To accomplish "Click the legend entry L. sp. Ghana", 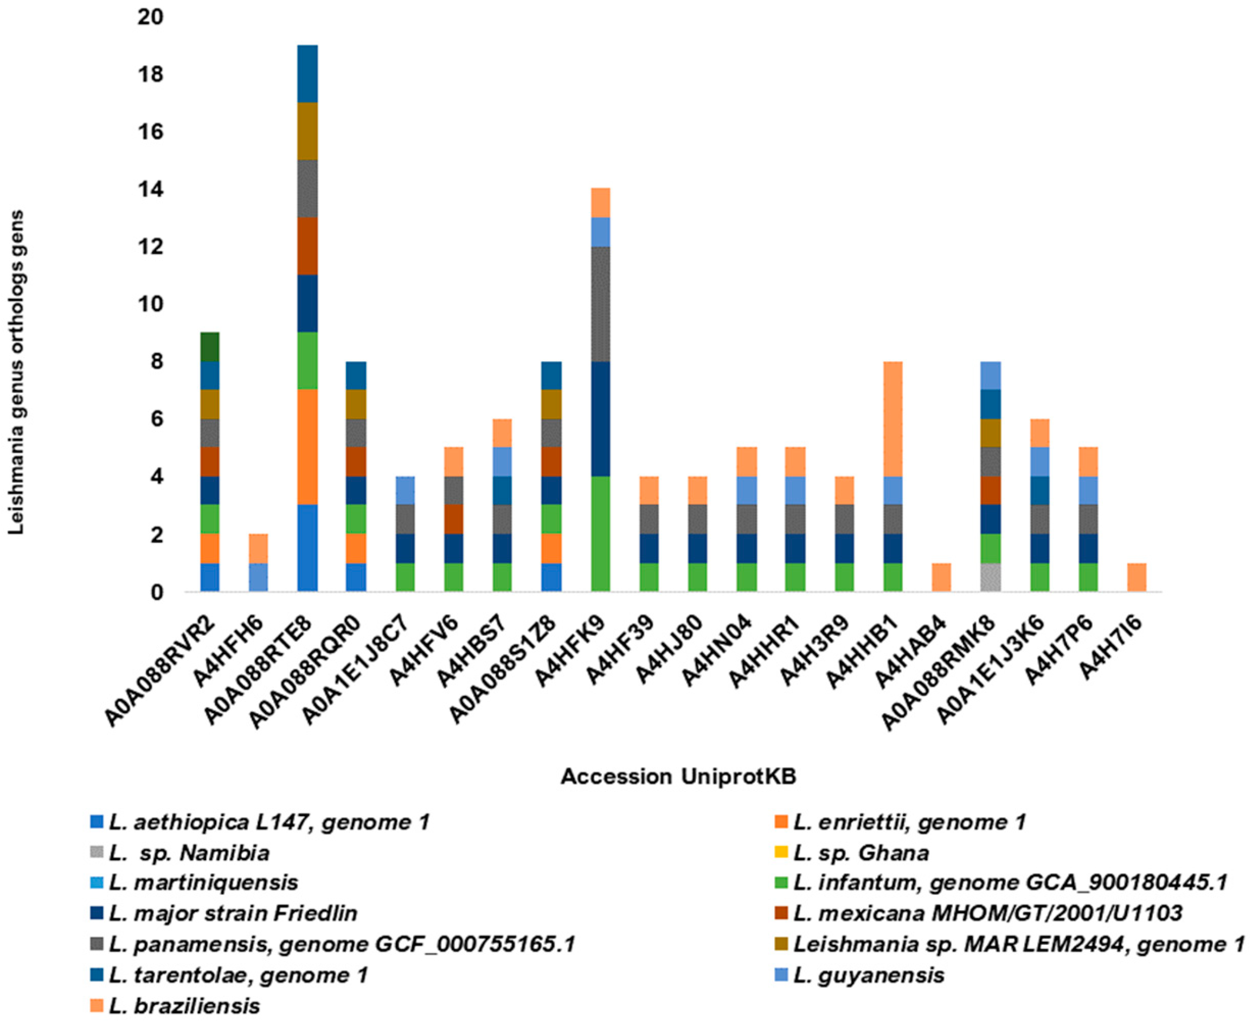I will pyautogui.click(x=861, y=853).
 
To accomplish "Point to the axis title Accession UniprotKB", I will pyautogui.click(x=678, y=777).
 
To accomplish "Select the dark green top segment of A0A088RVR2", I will pyautogui.click(x=210, y=347).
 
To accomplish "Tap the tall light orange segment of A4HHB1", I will pyautogui.click(x=893, y=419).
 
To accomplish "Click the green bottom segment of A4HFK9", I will pyautogui.click(x=600, y=534).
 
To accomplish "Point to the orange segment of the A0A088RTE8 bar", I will pyautogui.click(x=307, y=447).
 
